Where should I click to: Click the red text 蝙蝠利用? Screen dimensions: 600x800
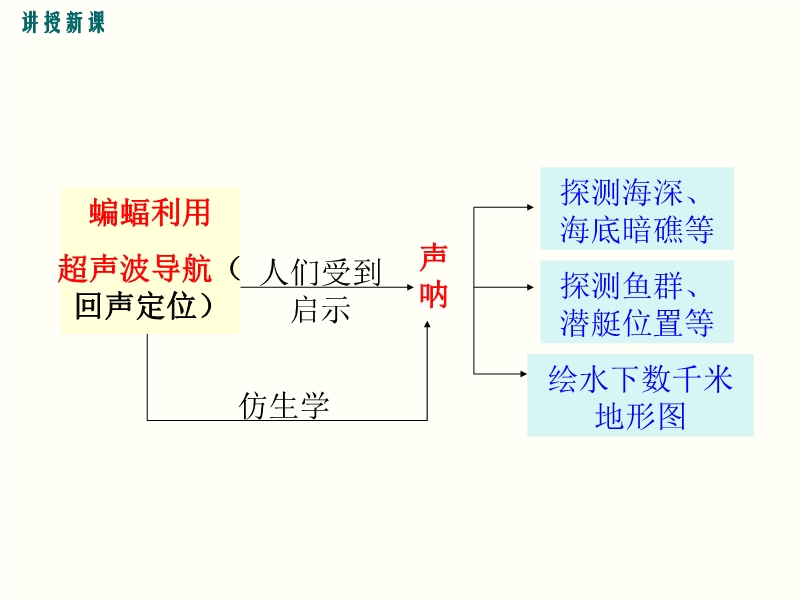pyautogui.click(x=150, y=212)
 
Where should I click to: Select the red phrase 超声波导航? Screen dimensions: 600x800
pyautogui.click(x=135, y=269)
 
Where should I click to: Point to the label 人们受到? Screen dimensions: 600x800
pyautogui.click(x=321, y=272)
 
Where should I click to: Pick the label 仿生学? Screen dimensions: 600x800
pyautogui.click(x=285, y=406)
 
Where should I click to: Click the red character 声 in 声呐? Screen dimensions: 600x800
pyautogui.click(x=433, y=256)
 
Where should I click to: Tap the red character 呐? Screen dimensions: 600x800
pyautogui.click(x=433, y=296)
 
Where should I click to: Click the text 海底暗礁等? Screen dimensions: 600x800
pyautogui.click(x=637, y=231)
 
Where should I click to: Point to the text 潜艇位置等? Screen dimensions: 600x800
pyautogui.click(x=637, y=323)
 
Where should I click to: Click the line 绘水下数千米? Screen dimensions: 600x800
pyautogui.click(x=640, y=378)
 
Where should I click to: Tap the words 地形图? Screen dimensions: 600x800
pyautogui.click(x=640, y=416)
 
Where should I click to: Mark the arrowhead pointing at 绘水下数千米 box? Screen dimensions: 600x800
pyautogui.click(x=521, y=374)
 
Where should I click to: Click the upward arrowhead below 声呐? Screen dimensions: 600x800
pyautogui.click(x=428, y=325)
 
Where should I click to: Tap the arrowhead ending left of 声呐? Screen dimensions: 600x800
pyautogui.click(x=411, y=287)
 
